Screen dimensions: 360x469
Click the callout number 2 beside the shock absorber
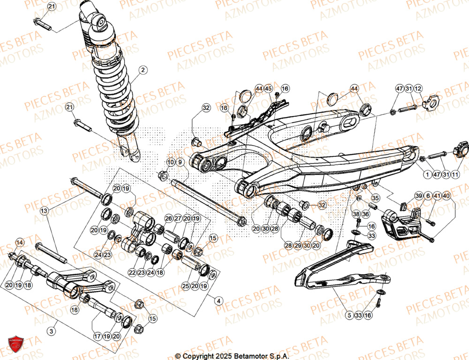143,70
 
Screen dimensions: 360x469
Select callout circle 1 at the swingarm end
427,175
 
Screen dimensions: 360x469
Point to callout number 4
218,301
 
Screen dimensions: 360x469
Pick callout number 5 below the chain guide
349,316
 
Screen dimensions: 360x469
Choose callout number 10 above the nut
170,162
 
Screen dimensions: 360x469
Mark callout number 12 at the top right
418,89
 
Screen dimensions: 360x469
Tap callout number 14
19,243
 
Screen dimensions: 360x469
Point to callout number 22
132,272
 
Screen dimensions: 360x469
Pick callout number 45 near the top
268,88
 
